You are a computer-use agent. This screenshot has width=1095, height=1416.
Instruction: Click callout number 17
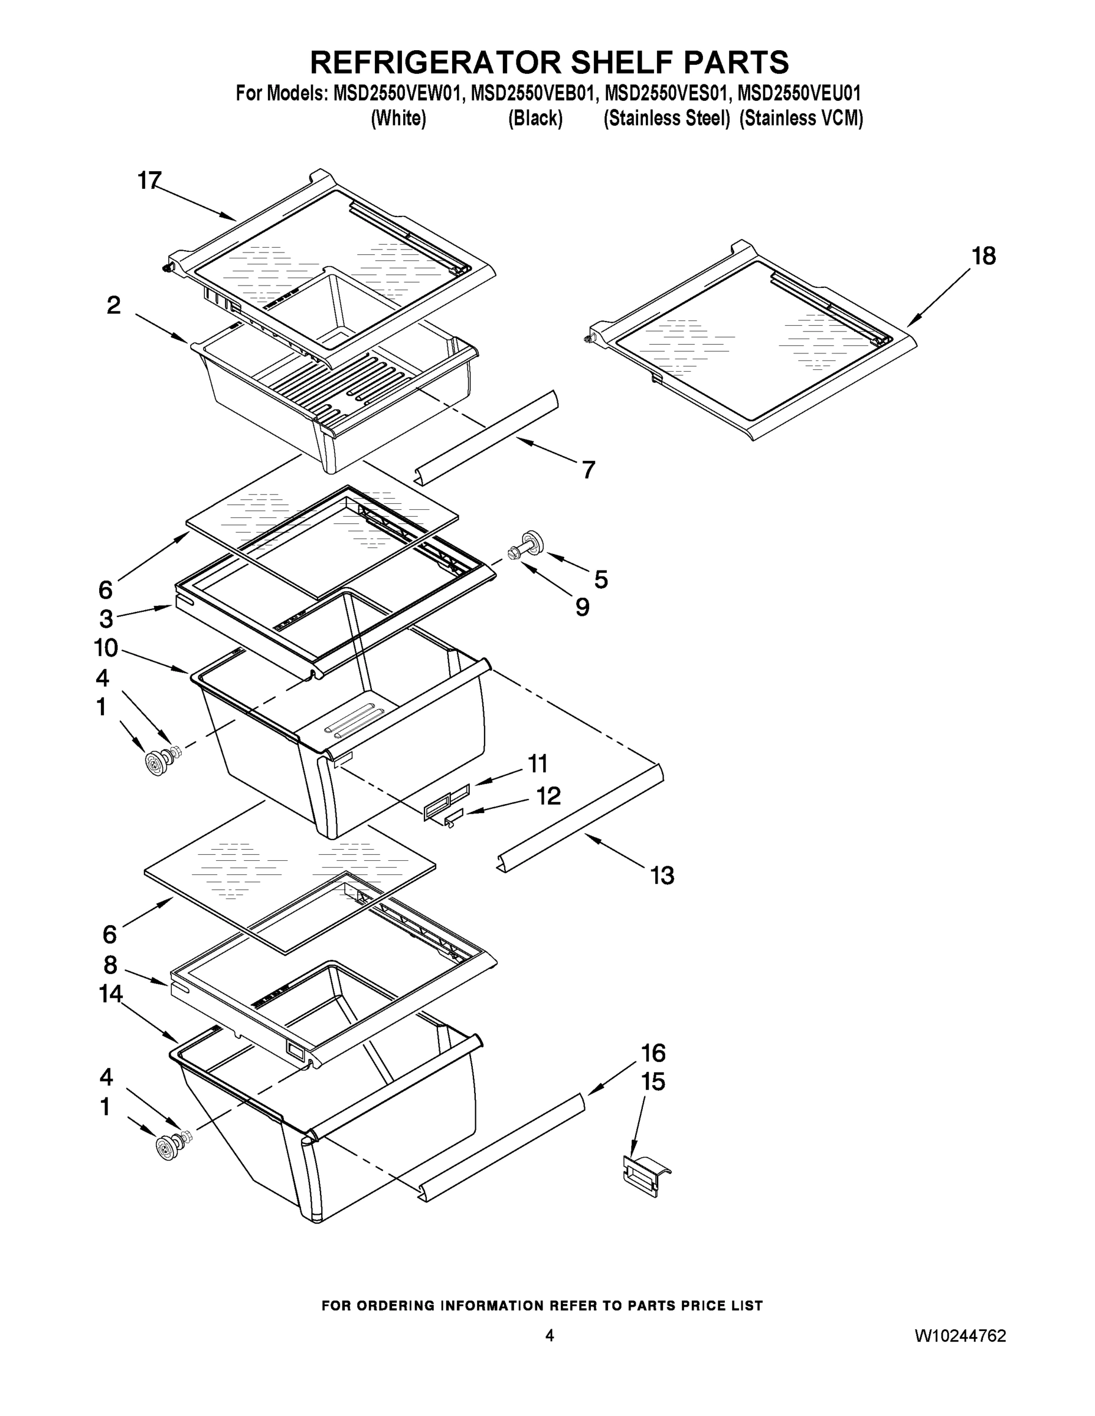tap(149, 181)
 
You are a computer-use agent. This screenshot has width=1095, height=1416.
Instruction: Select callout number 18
tap(983, 256)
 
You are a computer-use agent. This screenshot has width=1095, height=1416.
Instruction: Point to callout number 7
tap(588, 470)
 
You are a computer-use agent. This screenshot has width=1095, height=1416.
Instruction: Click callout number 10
tap(106, 647)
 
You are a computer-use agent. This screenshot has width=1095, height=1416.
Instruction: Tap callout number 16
tap(653, 1053)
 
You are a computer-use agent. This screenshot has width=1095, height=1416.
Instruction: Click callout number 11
tap(538, 764)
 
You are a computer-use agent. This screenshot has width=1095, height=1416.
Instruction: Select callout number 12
tap(548, 796)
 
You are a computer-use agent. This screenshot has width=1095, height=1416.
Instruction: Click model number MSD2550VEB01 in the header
tap(531, 93)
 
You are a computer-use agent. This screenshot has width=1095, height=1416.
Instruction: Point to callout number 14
tap(110, 994)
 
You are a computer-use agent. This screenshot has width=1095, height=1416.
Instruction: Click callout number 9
tap(582, 607)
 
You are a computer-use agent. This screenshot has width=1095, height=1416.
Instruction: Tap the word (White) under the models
tap(398, 119)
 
